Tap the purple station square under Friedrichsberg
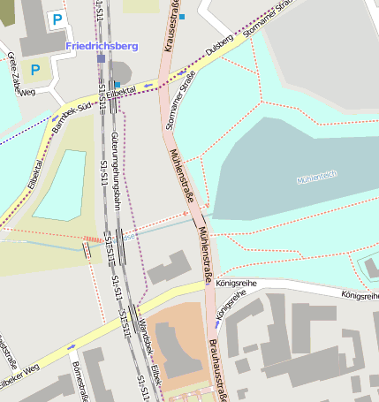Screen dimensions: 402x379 [101, 58]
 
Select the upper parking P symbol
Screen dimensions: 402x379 [57, 19]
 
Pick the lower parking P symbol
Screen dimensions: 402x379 [35, 69]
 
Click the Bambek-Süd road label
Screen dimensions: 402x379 [72, 107]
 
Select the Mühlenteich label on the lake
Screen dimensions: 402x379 [317, 176]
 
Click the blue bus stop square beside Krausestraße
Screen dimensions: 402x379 [182, 16]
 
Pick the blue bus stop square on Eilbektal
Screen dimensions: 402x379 [117, 85]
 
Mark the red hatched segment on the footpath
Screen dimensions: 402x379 [93, 239]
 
